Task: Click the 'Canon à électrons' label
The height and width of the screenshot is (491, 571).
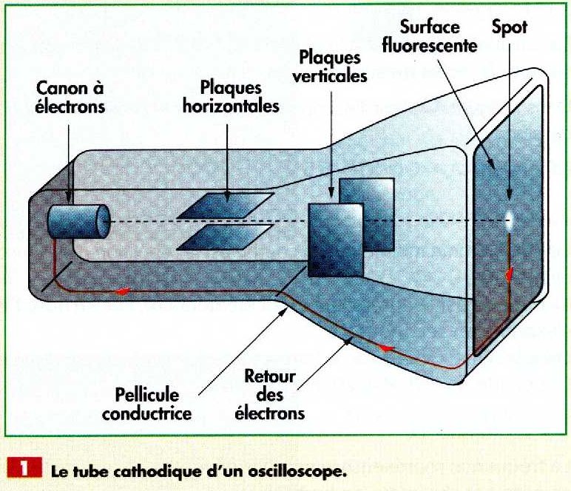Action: point(71,98)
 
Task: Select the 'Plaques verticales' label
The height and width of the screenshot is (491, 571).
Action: point(332,66)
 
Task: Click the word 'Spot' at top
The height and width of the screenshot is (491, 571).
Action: point(510,27)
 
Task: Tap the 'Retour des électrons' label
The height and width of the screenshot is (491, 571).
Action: point(269,395)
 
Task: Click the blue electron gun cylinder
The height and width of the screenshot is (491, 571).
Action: point(77,219)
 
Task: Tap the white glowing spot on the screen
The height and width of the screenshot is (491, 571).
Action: point(510,218)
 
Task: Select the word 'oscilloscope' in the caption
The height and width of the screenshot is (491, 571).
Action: point(299,472)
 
